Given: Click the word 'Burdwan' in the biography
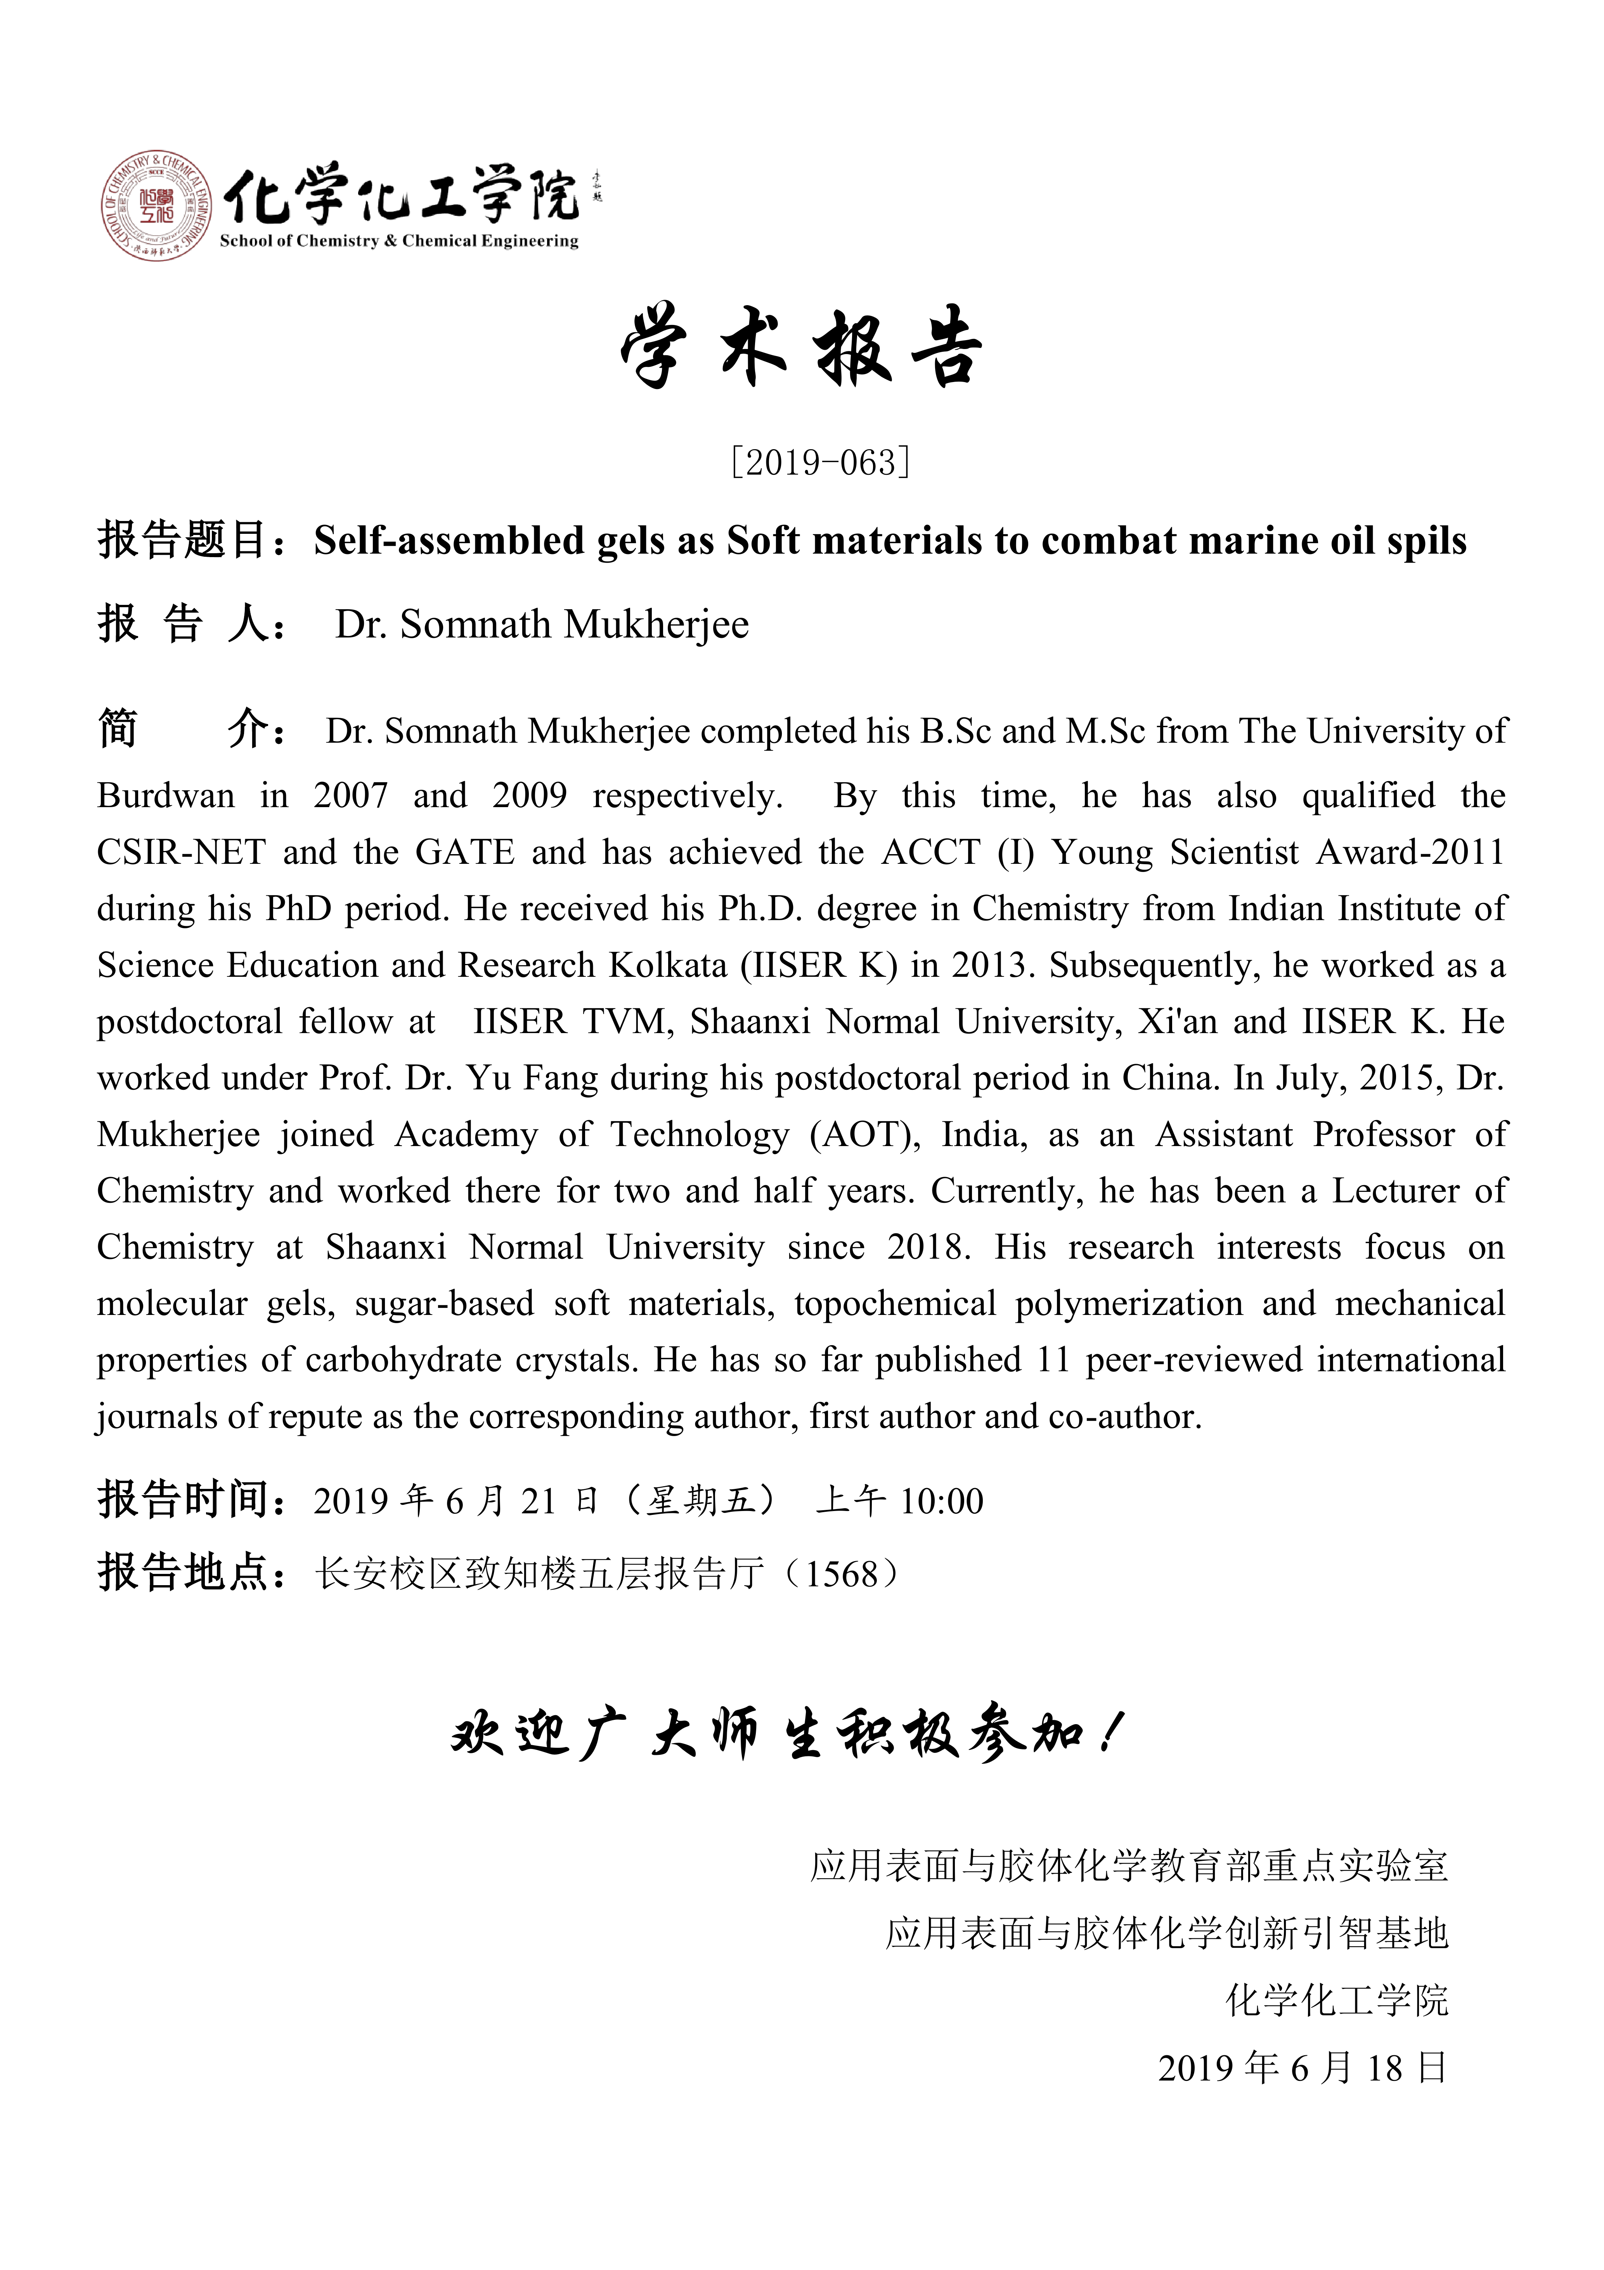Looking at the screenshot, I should (x=166, y=796).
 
